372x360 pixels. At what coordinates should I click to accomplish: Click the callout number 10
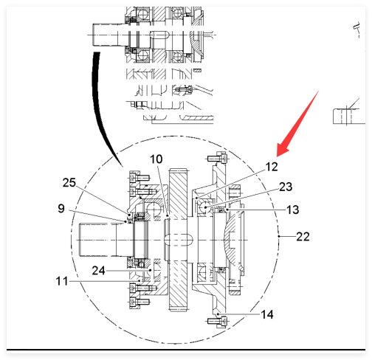(156, 159)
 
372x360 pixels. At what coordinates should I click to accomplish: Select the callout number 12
(272, 167)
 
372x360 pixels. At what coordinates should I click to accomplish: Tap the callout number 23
(286, 187)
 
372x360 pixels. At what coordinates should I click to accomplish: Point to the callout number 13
(293, 210)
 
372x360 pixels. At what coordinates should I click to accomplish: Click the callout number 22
(303, 237)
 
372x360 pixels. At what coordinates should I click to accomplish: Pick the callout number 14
(267, 314)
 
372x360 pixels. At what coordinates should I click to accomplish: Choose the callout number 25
(69, 183)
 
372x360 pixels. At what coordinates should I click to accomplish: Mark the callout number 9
(61, 209)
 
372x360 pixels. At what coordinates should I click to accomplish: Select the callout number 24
(98, 271)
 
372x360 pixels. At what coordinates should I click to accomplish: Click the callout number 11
(62, 281)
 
